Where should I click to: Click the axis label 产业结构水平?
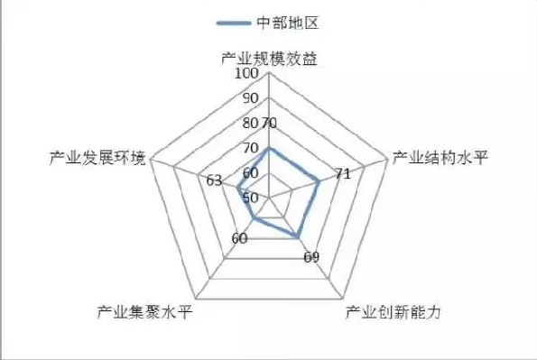click(x=440, y=159)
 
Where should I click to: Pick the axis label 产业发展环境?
click(x=97, y=159)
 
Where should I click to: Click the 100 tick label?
click(x=247, y=74)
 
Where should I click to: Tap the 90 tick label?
click(x=251, y=98)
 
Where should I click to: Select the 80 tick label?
click(x=251, y=123)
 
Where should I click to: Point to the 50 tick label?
click(x=251, y=197)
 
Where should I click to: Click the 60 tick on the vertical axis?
click(x=251, y=172)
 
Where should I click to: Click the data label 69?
click(x=311, y=258)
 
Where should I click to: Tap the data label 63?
click(x=215, y=180)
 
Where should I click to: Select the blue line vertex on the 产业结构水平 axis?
click(x=319, y=181)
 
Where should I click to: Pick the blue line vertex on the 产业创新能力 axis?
click(x=298, y=235)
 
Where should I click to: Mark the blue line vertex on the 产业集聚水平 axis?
click(x=255, y=217)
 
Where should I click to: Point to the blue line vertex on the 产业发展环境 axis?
click(x=238, y=187)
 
